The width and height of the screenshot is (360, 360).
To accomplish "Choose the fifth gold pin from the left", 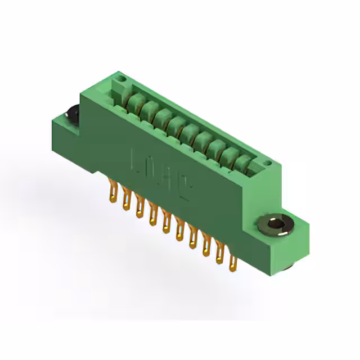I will pos(165,225).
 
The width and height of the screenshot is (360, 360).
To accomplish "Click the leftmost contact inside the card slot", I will pos(134,102).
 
